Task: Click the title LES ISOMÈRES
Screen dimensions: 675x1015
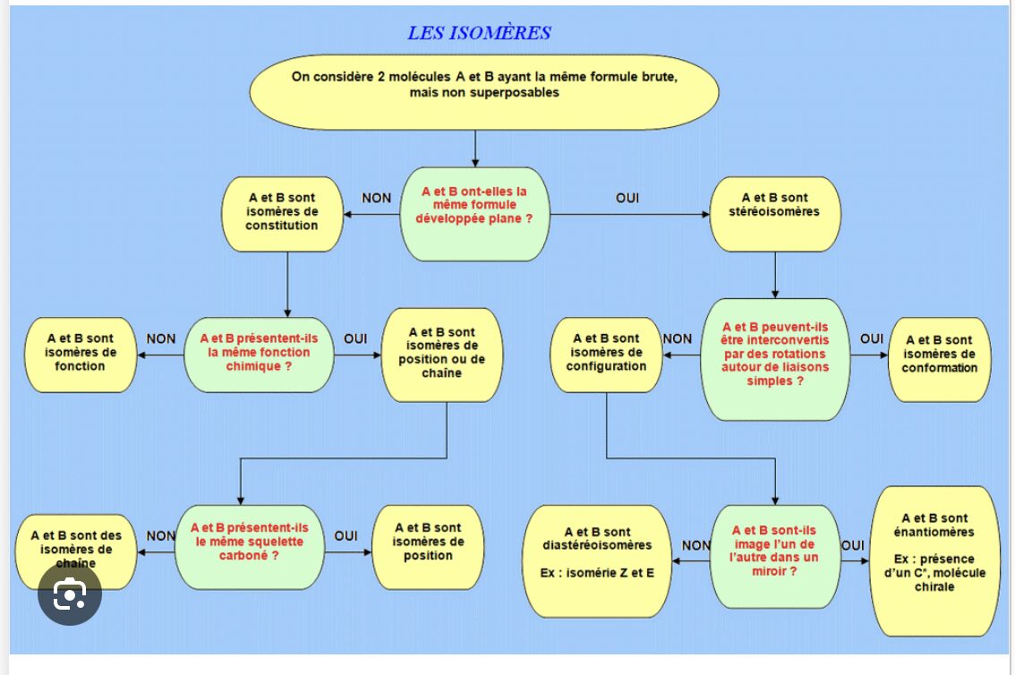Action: coord(479,34)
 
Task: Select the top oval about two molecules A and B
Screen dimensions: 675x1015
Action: coord(483,85)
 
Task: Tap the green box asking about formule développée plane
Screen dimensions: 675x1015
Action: coord(474,212)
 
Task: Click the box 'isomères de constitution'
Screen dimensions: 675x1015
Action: coord(282,211)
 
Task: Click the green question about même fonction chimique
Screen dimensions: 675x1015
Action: coord(256,353)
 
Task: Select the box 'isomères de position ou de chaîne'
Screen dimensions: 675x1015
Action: coord(440,353)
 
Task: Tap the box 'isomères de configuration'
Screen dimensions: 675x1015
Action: coord(606,353)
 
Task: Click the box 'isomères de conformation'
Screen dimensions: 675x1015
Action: coord(939,354)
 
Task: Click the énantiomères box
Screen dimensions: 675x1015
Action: coord(934,559)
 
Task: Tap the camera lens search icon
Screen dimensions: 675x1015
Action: coord(70,595)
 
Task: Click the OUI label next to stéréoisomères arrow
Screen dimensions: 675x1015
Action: coord(627,198)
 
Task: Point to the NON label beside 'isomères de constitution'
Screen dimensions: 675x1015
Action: coord(376,198)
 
